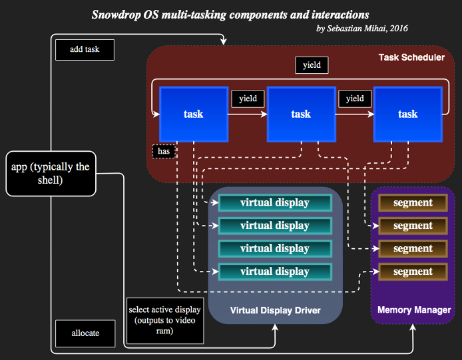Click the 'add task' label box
coord(85,50)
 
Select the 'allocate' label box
coord(85,333)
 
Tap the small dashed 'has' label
coord(164,152)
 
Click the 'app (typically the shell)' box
coord(51,174)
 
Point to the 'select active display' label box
coord(165,321)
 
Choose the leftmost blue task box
coord(194,114)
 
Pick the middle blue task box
coord(301,114)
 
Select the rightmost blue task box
coord(408,114)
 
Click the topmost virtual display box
coord(275,203)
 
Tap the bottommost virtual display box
coord(275,271)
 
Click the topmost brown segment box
coord(413,203)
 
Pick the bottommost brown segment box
coord(413,271)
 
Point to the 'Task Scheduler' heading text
coord(411,57)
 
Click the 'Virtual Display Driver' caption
coord(275,310)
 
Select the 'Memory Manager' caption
coord(414,310)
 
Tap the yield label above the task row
coord(312,65)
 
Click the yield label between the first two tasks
coord(248,98)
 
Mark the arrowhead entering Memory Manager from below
coord(413,327)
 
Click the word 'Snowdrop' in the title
coord(116,15)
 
